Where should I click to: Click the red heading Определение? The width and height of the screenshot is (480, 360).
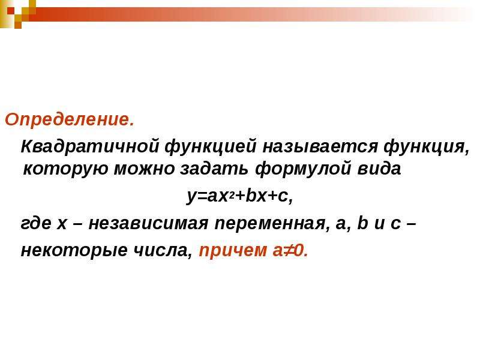tap(70, 120)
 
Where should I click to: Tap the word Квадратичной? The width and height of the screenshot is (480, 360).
tap(90, 147)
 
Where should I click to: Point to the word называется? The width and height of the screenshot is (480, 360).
tap(320, 147)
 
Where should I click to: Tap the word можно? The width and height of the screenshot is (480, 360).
tap(144, 169)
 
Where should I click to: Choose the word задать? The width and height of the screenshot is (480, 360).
tap(214, 169)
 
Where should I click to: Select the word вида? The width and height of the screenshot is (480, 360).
tap(379, 169)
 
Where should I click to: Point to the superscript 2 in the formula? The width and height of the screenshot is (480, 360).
tap(232, 195)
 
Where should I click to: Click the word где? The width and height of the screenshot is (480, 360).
tap(36, 224)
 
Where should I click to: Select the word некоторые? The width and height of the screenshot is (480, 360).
tap(74, 251)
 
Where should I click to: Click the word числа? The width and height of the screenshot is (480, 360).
tap(163, 250)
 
